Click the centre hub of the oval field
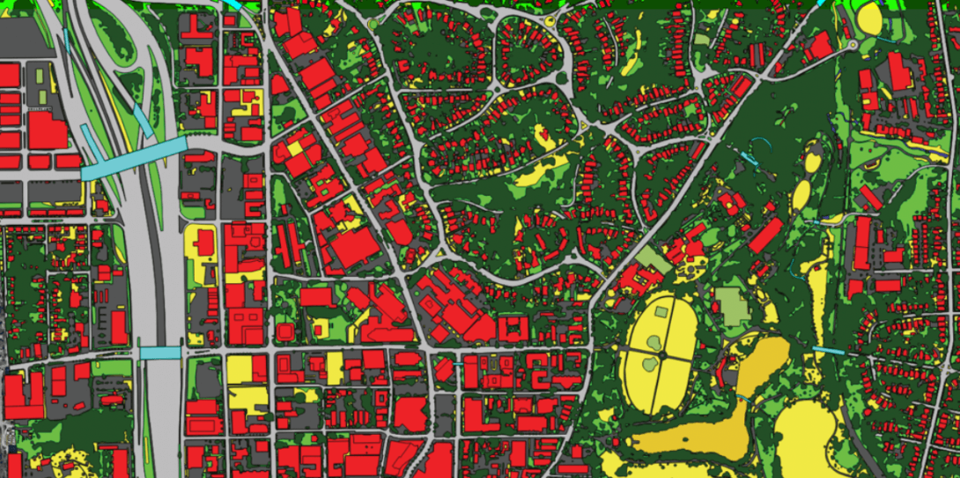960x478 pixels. tap(661, 355)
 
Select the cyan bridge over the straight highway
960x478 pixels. tap(159, 353)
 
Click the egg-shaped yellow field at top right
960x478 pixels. tap(869, 18)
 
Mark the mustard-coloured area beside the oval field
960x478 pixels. tap(759, 362)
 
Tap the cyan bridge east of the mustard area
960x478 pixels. tap(827, 351)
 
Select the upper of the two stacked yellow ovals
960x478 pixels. tap(810, 162)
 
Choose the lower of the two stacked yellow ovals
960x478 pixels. tap(801, 195)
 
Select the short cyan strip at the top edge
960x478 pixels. tap(233, 4)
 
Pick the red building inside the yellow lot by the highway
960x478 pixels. tap(203, 242)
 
